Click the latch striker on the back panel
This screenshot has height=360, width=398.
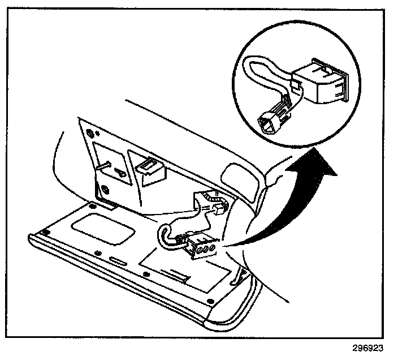point(148,169)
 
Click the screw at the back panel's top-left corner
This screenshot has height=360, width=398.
point(90,134)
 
